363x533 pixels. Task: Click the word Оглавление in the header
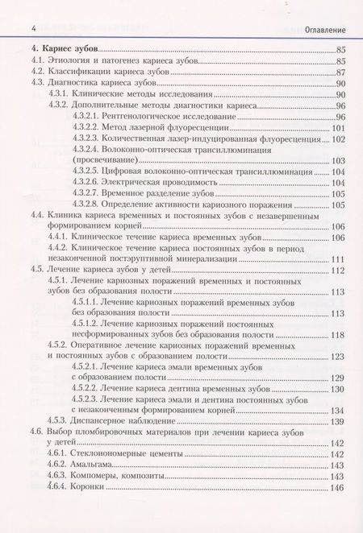tap(323, 29)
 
